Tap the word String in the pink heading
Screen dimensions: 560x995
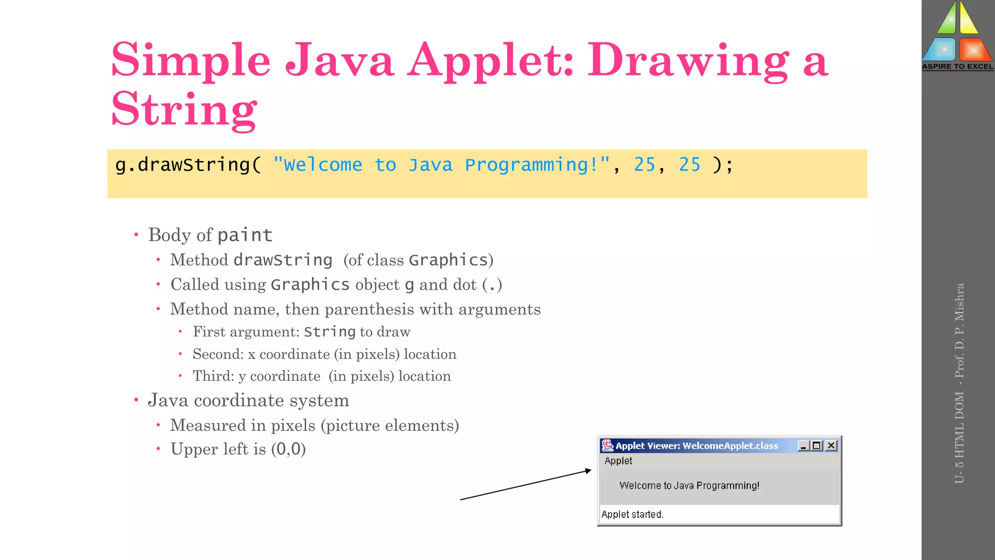point(184,110)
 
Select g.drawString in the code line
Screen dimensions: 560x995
point(183,165)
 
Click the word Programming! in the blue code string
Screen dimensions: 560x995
point(537,165)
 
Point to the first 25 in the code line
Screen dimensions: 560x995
point(645,165)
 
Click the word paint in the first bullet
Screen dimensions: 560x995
point(244,235)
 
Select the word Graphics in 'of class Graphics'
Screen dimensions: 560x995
point(448,260)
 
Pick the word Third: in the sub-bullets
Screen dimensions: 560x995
point(213,376)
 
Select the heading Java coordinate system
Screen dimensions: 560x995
point(248,400)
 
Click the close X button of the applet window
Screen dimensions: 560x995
point(831,445)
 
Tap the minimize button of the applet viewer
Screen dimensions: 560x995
point(804,445)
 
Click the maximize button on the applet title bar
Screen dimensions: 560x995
point(817,445)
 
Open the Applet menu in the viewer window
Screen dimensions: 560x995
point(618,461)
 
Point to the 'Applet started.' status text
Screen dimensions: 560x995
point(632,514)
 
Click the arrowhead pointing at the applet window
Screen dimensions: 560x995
point(588,471)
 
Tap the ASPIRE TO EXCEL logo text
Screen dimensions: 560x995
point(958,67)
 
